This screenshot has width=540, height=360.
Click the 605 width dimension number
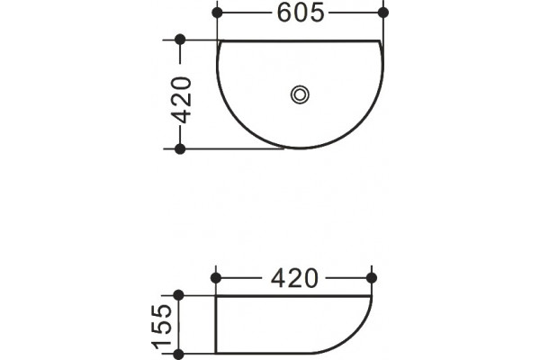(301, 13)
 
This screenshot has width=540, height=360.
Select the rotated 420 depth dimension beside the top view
(181, 100)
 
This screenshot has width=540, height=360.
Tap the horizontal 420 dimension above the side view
(294, 278)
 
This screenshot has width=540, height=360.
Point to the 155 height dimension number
(162, 326)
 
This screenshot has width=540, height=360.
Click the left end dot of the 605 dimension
(217, 13)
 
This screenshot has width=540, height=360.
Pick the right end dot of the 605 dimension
(383, 13)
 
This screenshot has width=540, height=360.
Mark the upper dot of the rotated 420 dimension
(180, 40)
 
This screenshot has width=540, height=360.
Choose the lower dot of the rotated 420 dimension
(180, 149)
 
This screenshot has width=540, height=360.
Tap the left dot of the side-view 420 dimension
(216, 278)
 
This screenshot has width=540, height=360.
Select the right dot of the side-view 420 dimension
(372, 278)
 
